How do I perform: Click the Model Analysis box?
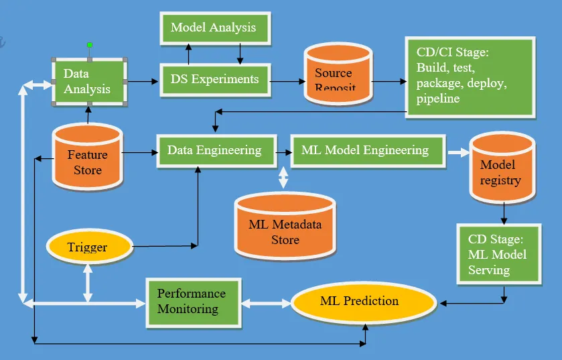click(x=213, y=28)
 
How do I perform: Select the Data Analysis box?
click(x=90, y=81)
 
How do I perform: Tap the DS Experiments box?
click(x=214, y=80)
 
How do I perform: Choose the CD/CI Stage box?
click(x=470, y=76)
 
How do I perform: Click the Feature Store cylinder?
click(x=87, y=157)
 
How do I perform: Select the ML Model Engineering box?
click(x=367, y=151)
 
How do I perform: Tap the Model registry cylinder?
click(x=501, y=169)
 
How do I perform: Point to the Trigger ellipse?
click(x=88, y=247)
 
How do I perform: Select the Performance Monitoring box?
click(x=194, y=302)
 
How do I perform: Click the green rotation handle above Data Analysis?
click(x=90, y=45)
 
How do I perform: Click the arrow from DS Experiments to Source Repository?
click(x=287, y=81)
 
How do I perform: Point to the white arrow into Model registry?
click(x=458, y=153)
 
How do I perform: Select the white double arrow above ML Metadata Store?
click(x=284, y=177)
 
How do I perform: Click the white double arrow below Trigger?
click(x=88, y=281)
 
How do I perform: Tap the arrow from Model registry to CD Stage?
click(x=503, y=213)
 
